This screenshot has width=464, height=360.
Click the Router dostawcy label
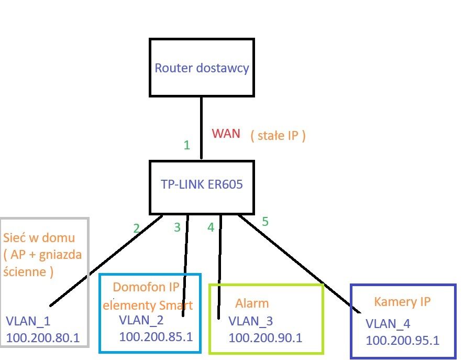(x=202, y=69)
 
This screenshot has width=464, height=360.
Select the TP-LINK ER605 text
(x=202, y=184)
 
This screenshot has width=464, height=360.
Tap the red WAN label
(x=226, y=134)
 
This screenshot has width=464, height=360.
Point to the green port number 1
(x=186, y=145)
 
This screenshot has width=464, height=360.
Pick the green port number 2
(x=136, y=228)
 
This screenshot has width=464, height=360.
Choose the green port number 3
(x=177, y=227)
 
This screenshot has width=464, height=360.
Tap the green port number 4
(x=211, y=228)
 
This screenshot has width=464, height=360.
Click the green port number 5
(x=265, y=222)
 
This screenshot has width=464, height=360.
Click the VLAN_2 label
(x=141, y=320)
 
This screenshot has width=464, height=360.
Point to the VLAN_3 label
(x=251, y=321)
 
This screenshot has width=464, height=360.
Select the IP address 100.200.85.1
(x=156, y=336)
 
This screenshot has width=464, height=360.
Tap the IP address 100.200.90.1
(x=266, y=338)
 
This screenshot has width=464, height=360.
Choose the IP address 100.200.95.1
(x=402, y=340)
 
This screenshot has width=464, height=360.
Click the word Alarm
(x=252, y=303)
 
